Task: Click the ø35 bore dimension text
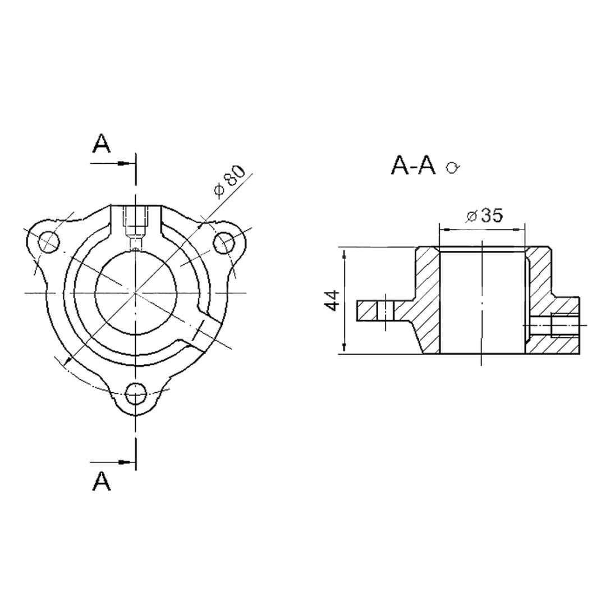tap(485, 215)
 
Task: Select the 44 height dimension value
tap(332, 300)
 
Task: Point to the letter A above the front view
tap(101, 144)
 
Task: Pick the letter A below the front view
tap(101, 481)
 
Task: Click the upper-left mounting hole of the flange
tap(49, 242)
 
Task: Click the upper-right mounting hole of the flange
tap(224, 243)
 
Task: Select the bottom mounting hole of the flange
tap(136, 393)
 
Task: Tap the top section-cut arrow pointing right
tap(113, 163)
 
